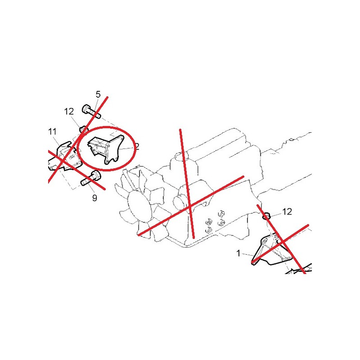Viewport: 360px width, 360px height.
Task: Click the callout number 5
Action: coord(98,94)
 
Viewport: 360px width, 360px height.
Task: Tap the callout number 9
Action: coord(94,198)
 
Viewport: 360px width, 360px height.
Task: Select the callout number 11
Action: coord(52,132)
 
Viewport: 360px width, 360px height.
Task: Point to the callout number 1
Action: coord(238,253)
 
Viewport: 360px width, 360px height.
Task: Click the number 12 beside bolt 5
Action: coord(69,112)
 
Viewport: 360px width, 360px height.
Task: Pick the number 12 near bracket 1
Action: coord(287,211)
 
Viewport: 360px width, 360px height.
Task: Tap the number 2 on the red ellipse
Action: coord(137,147)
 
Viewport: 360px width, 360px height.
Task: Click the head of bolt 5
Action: coord(86,109)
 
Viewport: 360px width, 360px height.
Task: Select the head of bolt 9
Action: coord(96,175)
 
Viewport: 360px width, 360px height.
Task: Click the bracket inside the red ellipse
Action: coord(106,150)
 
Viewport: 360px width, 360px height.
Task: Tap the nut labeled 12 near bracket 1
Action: coord(266,216)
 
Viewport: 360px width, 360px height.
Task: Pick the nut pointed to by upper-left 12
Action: coord(83,129)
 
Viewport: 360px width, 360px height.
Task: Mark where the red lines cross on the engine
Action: coord(190,207)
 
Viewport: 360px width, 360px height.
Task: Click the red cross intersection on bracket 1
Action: coord(283,243)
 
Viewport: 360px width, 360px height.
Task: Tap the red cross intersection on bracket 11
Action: coord(63,160)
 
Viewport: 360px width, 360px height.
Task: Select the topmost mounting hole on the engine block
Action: coord(221,213)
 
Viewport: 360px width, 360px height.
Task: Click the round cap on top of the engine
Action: coord(180,156)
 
